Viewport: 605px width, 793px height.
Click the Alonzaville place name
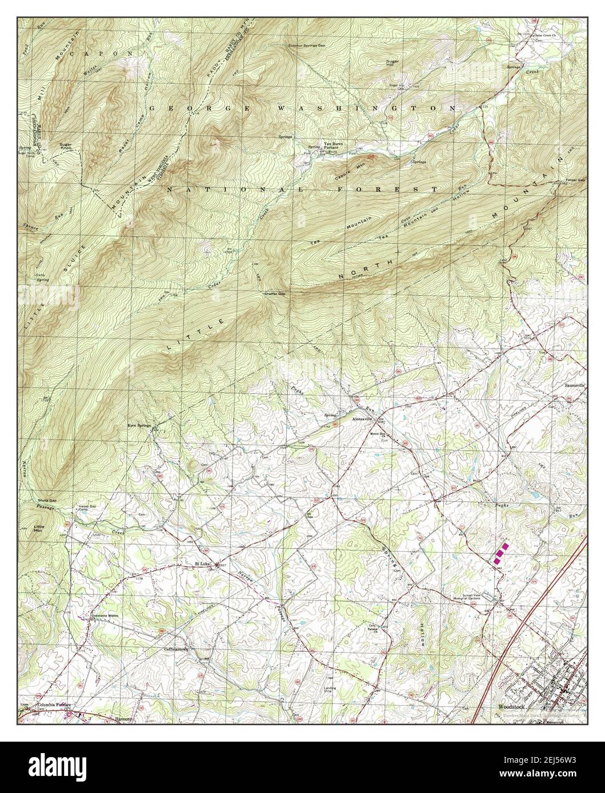[361, 418]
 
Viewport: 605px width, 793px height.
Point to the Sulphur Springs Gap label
[303, 44]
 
